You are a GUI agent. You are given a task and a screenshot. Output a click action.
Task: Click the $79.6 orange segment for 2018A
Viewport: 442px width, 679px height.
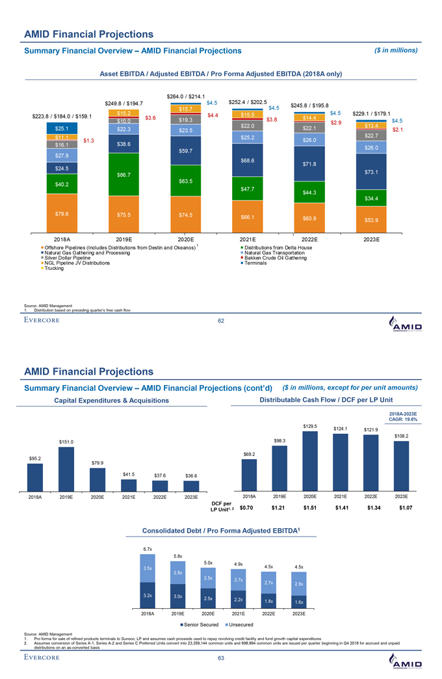point(62,213)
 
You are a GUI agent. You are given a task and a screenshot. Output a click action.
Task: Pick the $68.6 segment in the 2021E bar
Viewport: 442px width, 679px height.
point(246,160)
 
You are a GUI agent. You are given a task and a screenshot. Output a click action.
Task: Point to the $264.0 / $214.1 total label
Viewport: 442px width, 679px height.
point(186,96)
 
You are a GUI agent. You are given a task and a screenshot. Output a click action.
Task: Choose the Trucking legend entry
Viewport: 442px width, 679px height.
point(55,268)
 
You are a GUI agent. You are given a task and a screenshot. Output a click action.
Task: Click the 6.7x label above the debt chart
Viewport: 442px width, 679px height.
point(147,548)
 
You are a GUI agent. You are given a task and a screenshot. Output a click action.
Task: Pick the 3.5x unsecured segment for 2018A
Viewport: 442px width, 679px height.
point(148,568)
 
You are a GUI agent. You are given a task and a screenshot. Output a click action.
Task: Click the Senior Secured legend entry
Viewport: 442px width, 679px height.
point(200,625)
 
